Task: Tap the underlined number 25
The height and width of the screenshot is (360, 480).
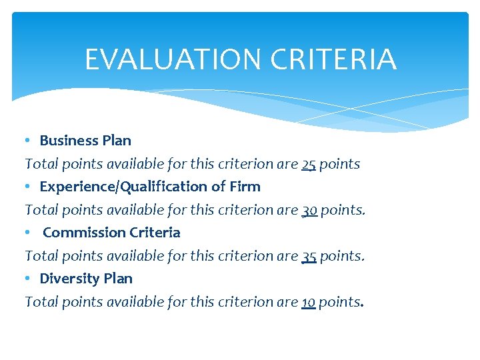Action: [x=309, y=164]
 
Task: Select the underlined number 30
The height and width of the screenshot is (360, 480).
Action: [x=309, y=210]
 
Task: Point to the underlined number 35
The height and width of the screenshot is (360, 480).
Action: [x=309, y=256]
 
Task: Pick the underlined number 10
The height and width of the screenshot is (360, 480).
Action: [x=308, y=302]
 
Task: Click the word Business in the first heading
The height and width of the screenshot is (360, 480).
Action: [x=70, y=141]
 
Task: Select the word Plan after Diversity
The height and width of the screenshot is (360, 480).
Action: [x=118, y=279]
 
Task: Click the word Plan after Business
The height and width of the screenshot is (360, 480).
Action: [x=117, y=141]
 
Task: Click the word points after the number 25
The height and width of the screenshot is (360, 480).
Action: [x=339, y=164]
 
